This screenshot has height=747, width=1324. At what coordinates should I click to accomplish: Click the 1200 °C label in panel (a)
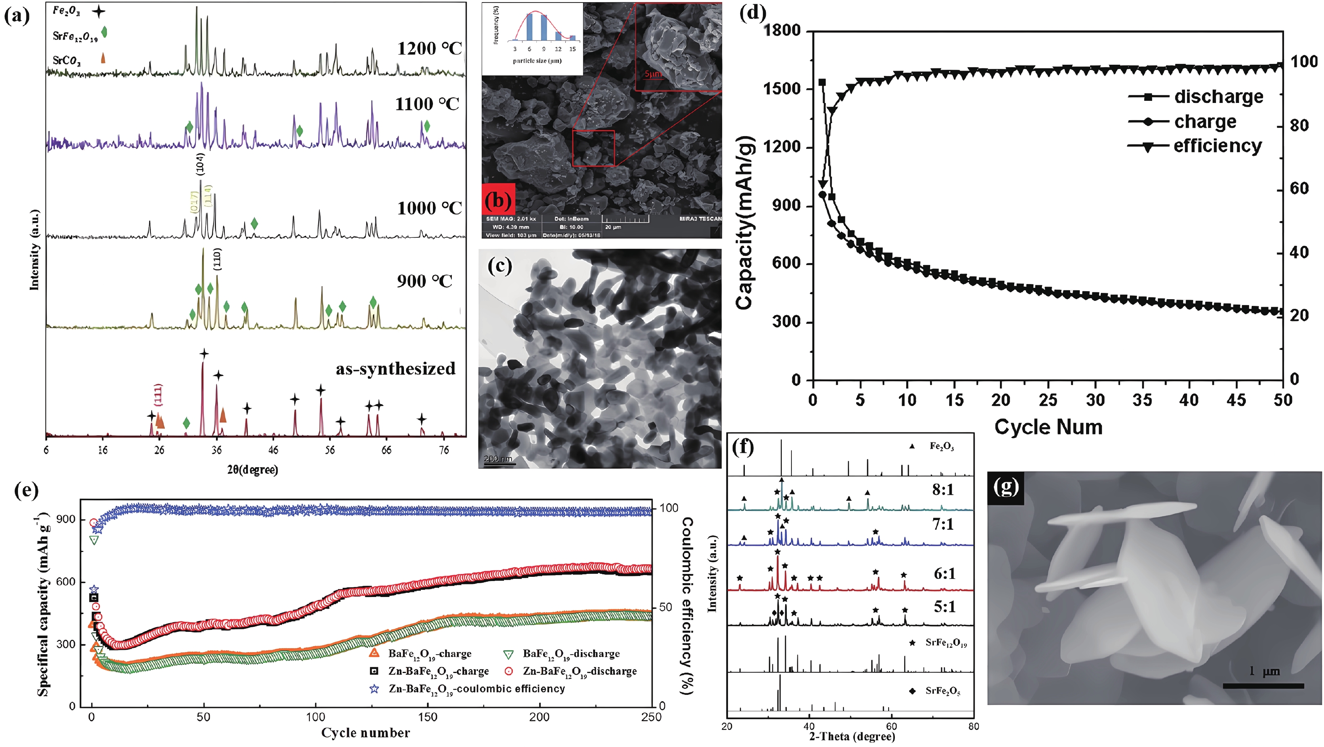coord(429,49)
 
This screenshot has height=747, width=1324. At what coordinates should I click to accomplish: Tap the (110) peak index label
coord(217,260)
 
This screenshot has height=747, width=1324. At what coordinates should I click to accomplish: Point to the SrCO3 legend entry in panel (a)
coord(67,60)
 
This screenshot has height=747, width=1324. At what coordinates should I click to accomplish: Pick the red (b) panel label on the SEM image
coord(498,199)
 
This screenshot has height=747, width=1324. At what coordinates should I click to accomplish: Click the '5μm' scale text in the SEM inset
coord(653,74)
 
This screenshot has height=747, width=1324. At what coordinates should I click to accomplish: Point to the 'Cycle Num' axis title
coord(1049,427)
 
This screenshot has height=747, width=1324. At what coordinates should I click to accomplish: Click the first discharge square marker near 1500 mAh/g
coord(822,82)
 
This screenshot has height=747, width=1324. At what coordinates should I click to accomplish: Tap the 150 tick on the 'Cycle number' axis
coord(427,717)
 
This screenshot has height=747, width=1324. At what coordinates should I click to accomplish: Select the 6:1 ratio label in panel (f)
coord(944,574)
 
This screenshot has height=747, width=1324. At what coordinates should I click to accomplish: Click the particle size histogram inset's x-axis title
coord(537,60)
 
